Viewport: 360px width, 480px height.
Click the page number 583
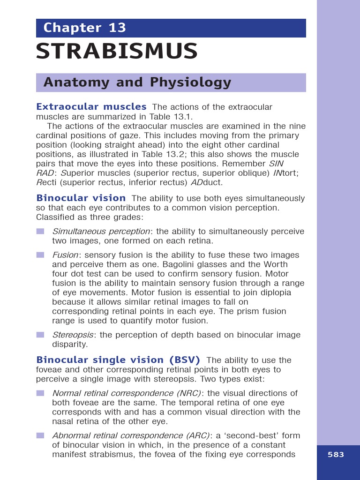[x=336, y=455]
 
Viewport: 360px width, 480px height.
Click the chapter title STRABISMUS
[x=117, y=52]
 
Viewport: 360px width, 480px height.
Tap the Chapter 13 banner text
[x=85, y=28]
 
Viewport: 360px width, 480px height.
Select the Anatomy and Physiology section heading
[x=137, y=82]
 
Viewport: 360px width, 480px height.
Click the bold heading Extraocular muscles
[x=91, y=107]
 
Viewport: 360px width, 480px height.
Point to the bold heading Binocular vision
[x=81, y=198]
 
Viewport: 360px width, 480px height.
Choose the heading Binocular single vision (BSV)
[x=118, y=360]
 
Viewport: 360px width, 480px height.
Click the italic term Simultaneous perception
[x=101, y=232]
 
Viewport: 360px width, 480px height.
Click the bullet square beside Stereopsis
[x=40, y=335]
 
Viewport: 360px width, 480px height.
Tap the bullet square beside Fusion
[x=40, y=255]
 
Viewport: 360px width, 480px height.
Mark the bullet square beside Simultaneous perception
[x=40, y=232]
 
